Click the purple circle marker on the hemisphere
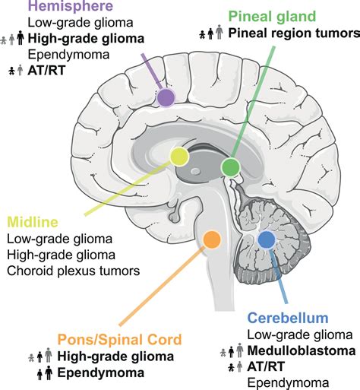click(x=165, y=97)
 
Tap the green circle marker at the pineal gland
click(x=230, y=166)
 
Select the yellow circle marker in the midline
click(x=179, y=157)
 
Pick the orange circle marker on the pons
click(x=212, y=240)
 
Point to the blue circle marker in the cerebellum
click(x=266, y=240)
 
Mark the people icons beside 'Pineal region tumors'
click(x=211, y=33)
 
